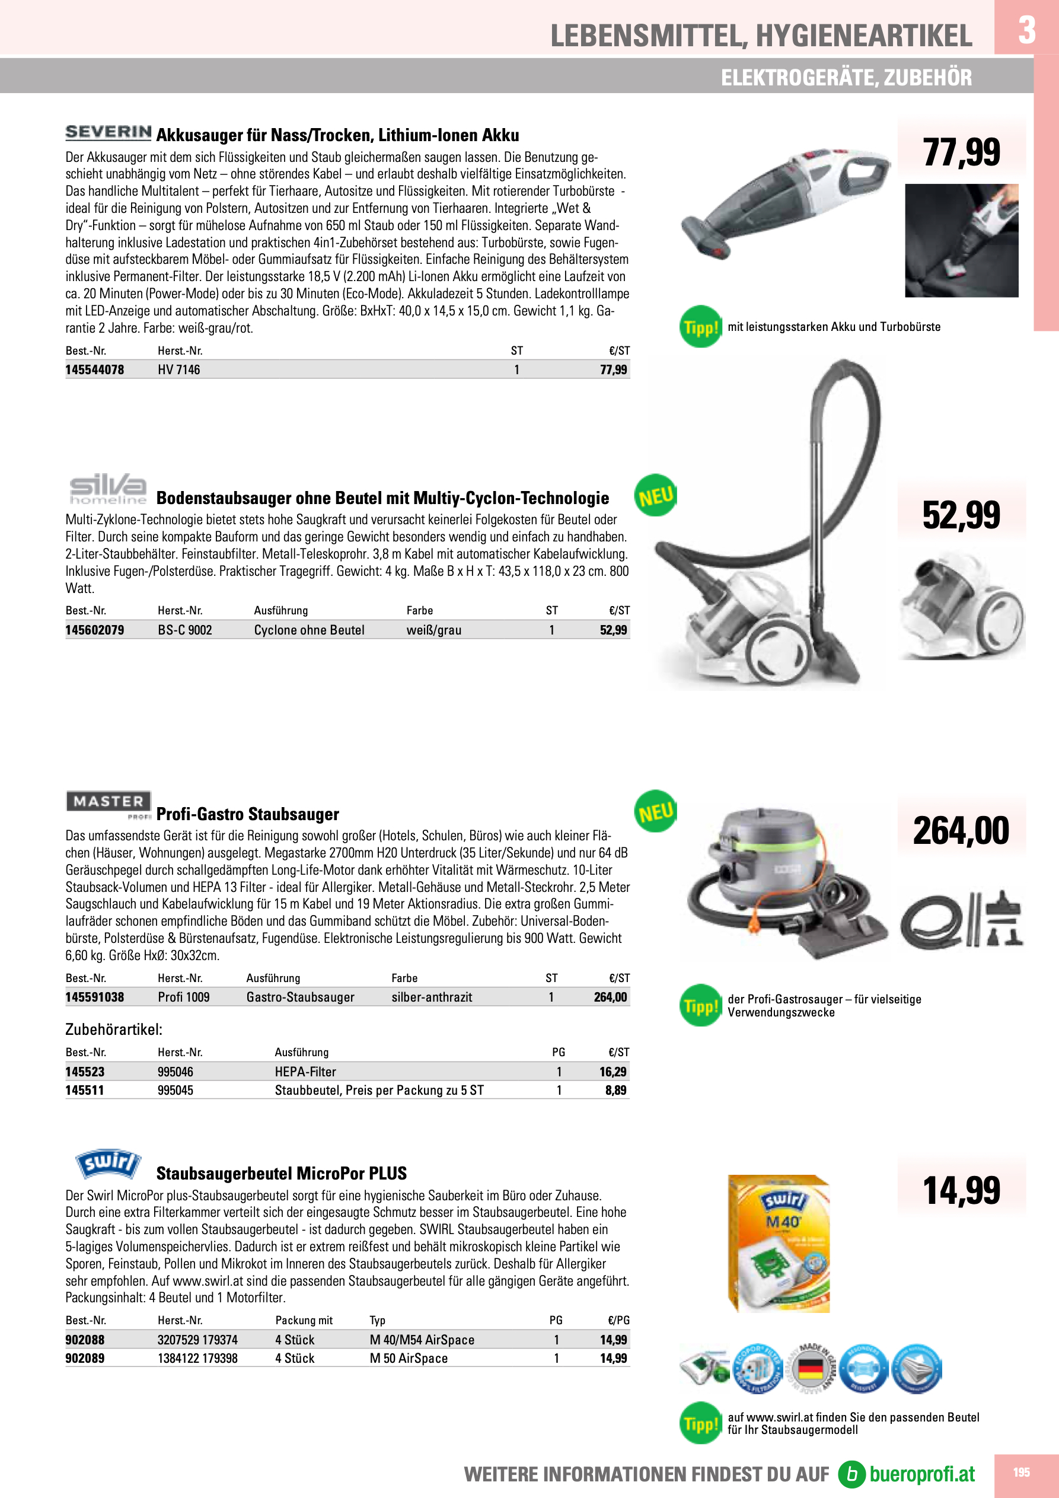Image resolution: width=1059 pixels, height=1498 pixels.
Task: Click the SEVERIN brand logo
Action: point(109,132)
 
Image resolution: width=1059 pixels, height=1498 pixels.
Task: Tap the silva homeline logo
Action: point(109,489)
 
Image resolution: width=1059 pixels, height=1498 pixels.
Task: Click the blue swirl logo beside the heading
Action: point(109,1164)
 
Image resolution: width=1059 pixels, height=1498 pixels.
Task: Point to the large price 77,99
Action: point(961,152)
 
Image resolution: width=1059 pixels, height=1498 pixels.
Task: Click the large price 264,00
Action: point(961,831)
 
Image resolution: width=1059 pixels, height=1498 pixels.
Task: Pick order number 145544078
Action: point(95,370)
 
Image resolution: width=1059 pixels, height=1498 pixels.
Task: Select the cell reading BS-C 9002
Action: point(184,630)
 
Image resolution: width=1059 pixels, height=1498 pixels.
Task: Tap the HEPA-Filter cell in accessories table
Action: point(305,1071)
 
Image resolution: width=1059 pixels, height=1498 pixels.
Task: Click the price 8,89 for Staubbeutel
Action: point(615,1090)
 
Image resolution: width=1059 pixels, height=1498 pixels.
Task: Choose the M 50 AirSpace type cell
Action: point(409,1359)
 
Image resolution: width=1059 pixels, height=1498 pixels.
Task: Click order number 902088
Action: point(85,1340)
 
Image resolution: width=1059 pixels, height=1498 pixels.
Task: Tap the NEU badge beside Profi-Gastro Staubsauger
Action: point(656,812)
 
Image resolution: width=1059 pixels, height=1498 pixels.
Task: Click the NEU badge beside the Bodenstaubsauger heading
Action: point(656,496)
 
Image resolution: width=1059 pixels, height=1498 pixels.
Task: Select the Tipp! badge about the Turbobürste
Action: point(701,327)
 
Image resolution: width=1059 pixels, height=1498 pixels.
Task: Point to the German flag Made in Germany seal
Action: point(809,1367)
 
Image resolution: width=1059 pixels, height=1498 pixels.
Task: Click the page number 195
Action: point(1021,1472)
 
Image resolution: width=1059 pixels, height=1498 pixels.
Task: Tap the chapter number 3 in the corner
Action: point(1026,30)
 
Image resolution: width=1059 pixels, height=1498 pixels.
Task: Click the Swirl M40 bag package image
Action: point(779,1244)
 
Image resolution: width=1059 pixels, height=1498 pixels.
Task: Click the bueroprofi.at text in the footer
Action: point(921,1474)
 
